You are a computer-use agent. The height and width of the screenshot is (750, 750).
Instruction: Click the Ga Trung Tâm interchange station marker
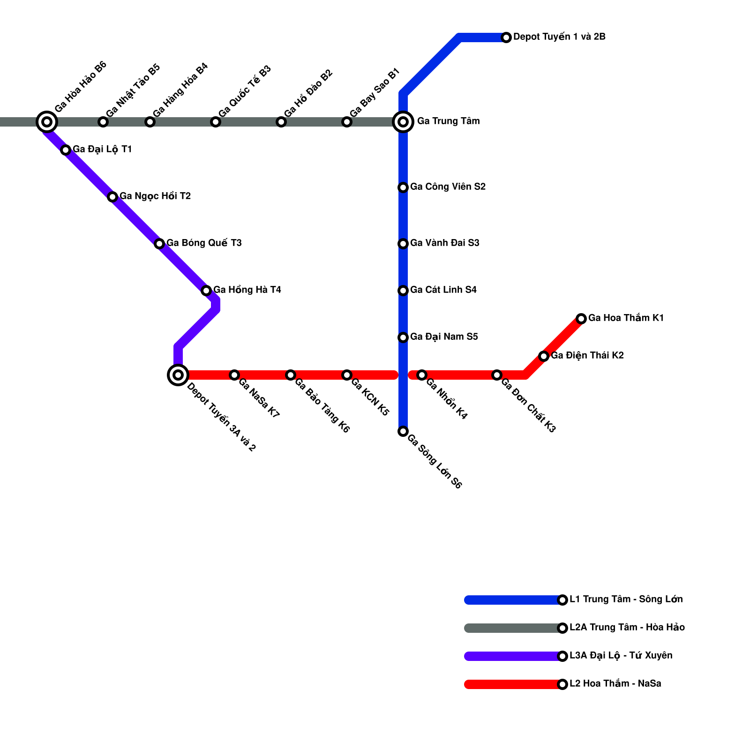pyautogui.click(x=403, y=122)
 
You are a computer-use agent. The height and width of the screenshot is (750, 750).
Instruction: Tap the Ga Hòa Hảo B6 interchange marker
pyautogui.click(x=47, y=122)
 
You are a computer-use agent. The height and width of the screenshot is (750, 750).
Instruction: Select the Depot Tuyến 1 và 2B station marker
pyautogui.click(x=506, y=37)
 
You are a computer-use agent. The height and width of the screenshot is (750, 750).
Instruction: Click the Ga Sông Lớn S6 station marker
pyautogui.click(x=403, y=431)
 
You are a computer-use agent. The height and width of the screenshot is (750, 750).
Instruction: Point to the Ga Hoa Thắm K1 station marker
pyautogui.click(x=581, y=319)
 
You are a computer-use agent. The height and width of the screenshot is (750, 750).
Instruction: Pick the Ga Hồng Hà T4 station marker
pyautogui.click(x=206, y=291)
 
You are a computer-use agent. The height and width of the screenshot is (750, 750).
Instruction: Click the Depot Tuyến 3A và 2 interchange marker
pyautogui.click(x=178, y=375)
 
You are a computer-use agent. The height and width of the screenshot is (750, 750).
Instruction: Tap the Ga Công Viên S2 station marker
pyautogui.click(x=403, y=187)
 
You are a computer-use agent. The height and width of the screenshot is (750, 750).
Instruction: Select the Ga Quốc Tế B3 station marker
pyautogui.click(x=216, y=122)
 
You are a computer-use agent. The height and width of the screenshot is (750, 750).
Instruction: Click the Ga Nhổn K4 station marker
pyautogui.click(x=422, y=375)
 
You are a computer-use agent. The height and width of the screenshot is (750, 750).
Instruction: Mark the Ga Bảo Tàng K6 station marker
pyautogui.click(x=291, y=375)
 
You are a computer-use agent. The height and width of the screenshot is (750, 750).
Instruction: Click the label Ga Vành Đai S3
pyautogui.click(x=444, y=243)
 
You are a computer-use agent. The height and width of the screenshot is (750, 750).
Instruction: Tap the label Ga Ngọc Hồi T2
pyautogui.click(x=155, y=196)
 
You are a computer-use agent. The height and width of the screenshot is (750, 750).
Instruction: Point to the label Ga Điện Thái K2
pyautogui.click(x=587, y=355)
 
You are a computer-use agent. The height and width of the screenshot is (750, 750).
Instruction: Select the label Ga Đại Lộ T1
pyautogui.click(x=102, y=149)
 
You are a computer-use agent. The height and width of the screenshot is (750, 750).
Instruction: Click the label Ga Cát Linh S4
pyautogui.click(x=443, y=290)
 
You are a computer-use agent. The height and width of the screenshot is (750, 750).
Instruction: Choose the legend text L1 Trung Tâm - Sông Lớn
pyautogui.click(x=626, y=599)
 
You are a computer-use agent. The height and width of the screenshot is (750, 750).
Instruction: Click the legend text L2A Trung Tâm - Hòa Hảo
pyautogui.click(x=627, y=627)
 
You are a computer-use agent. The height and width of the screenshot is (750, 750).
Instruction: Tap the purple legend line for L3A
pyautogui.click(x=513, y=656)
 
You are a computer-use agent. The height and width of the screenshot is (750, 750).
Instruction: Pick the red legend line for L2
pyautogui.click(x=513, y=684)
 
